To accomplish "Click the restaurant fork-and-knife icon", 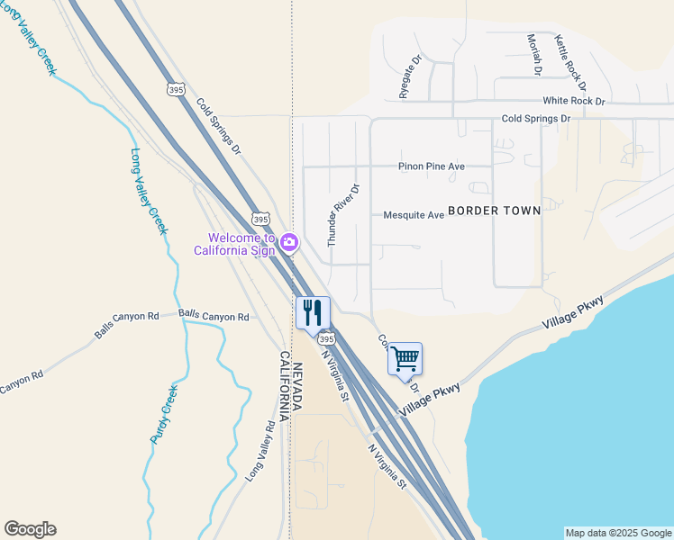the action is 313,313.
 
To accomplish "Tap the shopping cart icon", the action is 405,358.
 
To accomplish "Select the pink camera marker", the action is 288,241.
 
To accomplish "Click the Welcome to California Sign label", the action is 235,244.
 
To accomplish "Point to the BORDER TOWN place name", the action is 494,211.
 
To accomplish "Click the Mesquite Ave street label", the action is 414,215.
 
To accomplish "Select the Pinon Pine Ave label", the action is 432,166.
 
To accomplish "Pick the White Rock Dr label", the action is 573,102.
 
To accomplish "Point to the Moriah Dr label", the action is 534,54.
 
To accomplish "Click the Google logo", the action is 30,529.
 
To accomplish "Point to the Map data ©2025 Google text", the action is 618,533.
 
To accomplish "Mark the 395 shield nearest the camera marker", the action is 260,219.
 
